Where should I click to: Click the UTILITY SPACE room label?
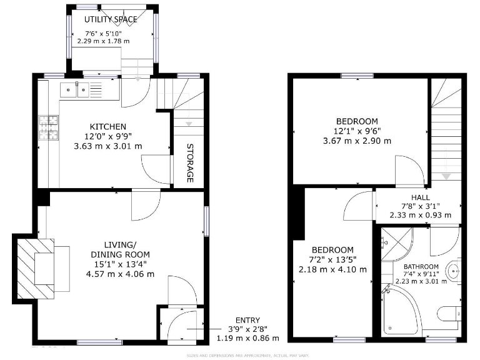[x=111, y=19]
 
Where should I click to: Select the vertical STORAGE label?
[x=189, y=164]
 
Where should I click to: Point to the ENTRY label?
[x=247, y=320]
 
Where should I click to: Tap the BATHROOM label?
[x=421, y=267]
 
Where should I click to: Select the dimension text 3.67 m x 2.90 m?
[x=357, y=141]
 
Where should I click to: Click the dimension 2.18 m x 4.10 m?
[x=332, y=269]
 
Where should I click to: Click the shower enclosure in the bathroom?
[x=397, y=244]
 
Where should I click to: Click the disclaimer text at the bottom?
[x=248, y=356]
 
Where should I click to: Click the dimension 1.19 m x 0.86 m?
[x=247, y=338]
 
